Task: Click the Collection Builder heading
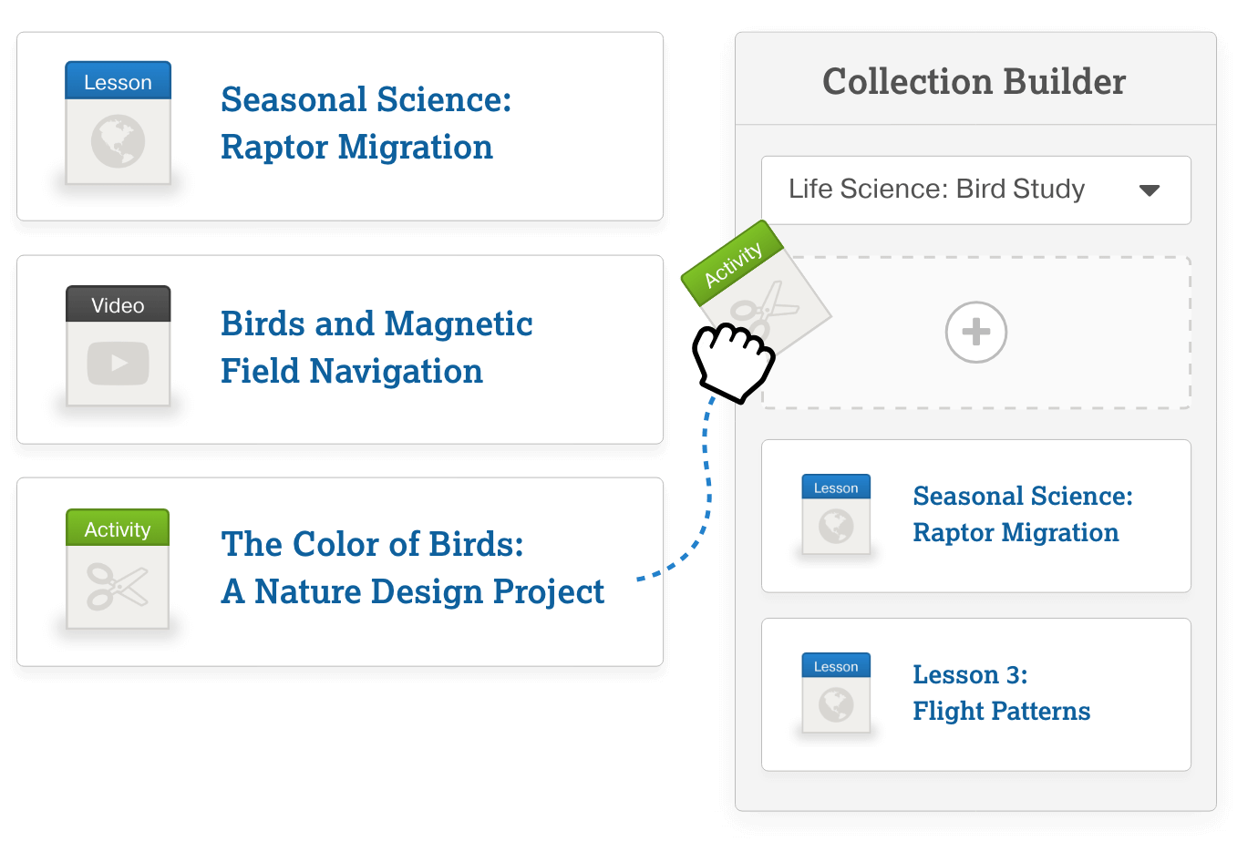pyautogui.click(x=974, y=82)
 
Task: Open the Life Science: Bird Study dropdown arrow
pyautogui.click(x=1150, y=190)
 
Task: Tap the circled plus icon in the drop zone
pyautogui.click(x=975, y=332)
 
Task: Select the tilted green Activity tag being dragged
pyautogui.click(x=733, y=263)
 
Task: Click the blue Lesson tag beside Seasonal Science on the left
pyautogui.click(x=118, y=82)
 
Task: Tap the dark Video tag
pyautogui.click(x=118, y=305)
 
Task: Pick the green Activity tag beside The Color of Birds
pyautogui.click(x=118, y=529)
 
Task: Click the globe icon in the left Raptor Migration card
pyautogui.click(x=118, y=141)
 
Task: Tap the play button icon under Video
pyautogui.click(x=118, y=363)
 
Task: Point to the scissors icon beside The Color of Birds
pyautogui.click(x=118, y=586)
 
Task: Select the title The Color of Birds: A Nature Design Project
pyautogui.click(x=412, y=568)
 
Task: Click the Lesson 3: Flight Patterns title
pyautogui.click(x=1001, y=693)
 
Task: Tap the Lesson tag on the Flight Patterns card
pyautogui.click(x=836, y=666)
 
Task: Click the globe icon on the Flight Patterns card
pyautogui.click(x=836, y=704)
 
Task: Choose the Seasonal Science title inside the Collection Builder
pyautogui.click(x=1022, y=514)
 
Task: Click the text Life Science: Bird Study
pyautogui.click(x=936, y=189)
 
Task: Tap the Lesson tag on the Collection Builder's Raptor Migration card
pyautogui.click(x=836, y=487)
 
